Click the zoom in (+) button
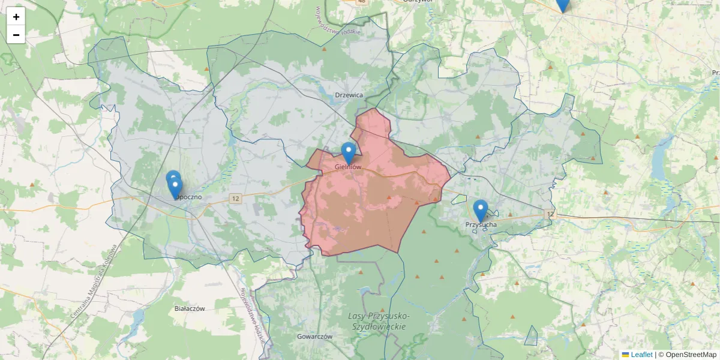pos(16,17)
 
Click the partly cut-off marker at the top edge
pos(562,4)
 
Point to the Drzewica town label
pos(349,95)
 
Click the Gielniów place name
pos(349,167)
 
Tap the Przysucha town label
pos(481,224)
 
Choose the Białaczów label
pos(190,308)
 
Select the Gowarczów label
pos(314,337)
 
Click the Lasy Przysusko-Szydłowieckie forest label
pos(379,321)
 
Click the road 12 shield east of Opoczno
pos(235,199)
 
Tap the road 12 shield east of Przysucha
pos(550,214)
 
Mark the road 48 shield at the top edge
pos(361,2)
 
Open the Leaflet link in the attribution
pos(641,355)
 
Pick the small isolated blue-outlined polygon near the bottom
pos(531,337)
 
